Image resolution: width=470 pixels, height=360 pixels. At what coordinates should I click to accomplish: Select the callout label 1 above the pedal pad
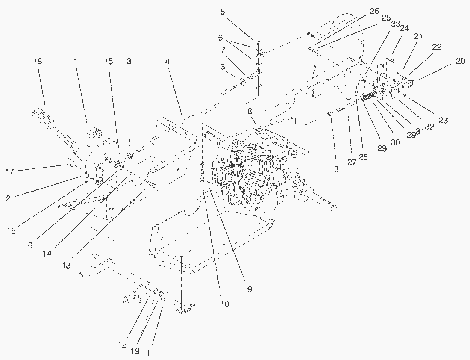[76, 62]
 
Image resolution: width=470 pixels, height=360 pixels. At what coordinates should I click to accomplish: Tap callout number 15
[109, 62]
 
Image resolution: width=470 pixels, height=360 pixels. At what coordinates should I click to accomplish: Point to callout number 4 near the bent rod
[167, 62]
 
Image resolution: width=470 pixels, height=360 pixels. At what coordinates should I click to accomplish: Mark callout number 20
[460, 61]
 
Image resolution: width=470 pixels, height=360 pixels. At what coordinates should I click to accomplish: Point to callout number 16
[12, 231]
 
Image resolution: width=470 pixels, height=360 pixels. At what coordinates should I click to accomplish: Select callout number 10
[225, 304]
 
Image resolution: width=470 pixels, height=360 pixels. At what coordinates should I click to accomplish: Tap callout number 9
[250, 289]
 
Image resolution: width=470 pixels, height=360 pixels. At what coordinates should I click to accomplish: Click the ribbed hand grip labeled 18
[42, 118]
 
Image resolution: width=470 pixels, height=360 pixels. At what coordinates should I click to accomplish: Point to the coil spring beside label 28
[368, 99]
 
